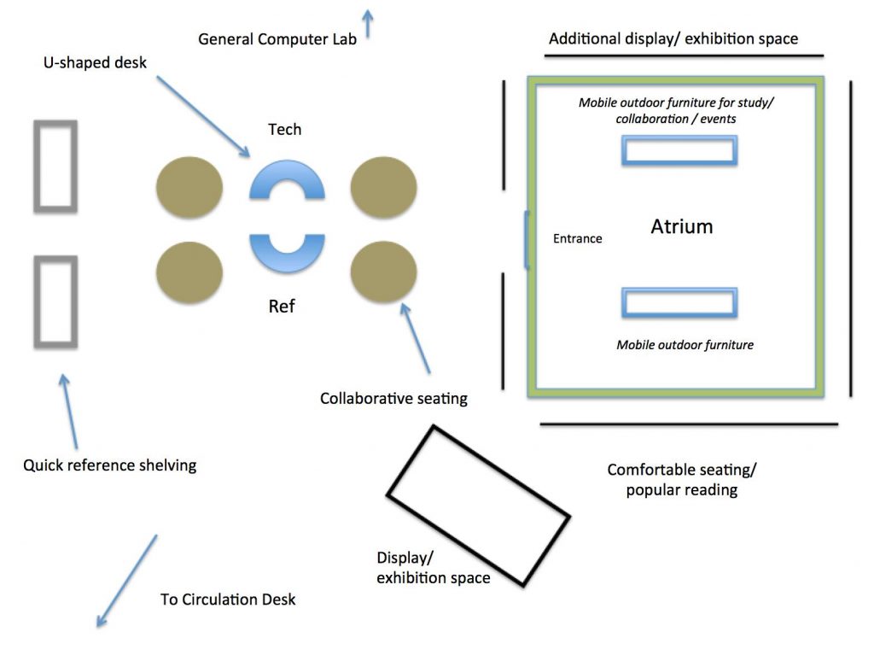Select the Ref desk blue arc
tap(287, 255)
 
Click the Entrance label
tap(577, 239)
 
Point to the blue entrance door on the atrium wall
tap(527, 240)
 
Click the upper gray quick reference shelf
tap(55, 166)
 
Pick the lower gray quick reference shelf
tap(55, 301)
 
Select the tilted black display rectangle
tap(478, 505)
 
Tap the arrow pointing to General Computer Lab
tap(368, 23)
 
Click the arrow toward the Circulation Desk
tap(126, 581)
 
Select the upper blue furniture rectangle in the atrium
tap(679, 150)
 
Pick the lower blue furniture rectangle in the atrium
tap(679, 303)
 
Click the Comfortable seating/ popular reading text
tap(681, 480)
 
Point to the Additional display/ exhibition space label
tap(673, 39)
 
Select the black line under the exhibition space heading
tap(684, 56)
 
